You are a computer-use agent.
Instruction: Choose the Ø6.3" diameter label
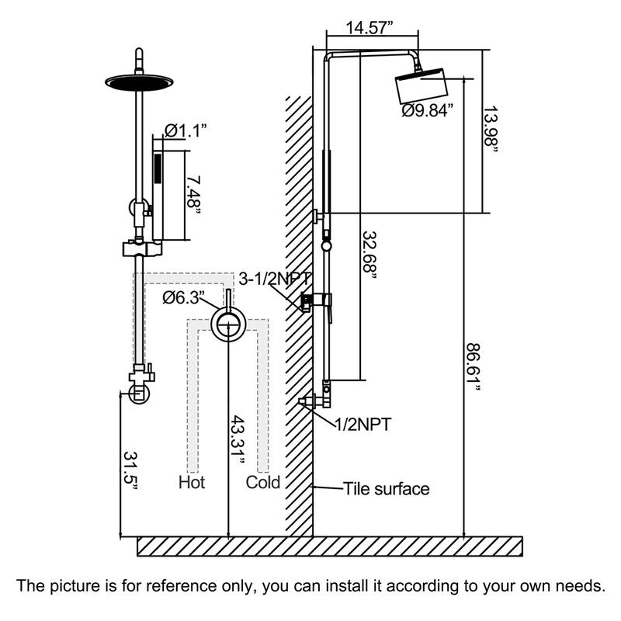coord(183,297)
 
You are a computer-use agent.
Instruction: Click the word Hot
coord(192,483)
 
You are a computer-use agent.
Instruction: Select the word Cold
coord(263,483)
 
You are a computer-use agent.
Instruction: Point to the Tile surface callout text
coord(386,489)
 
